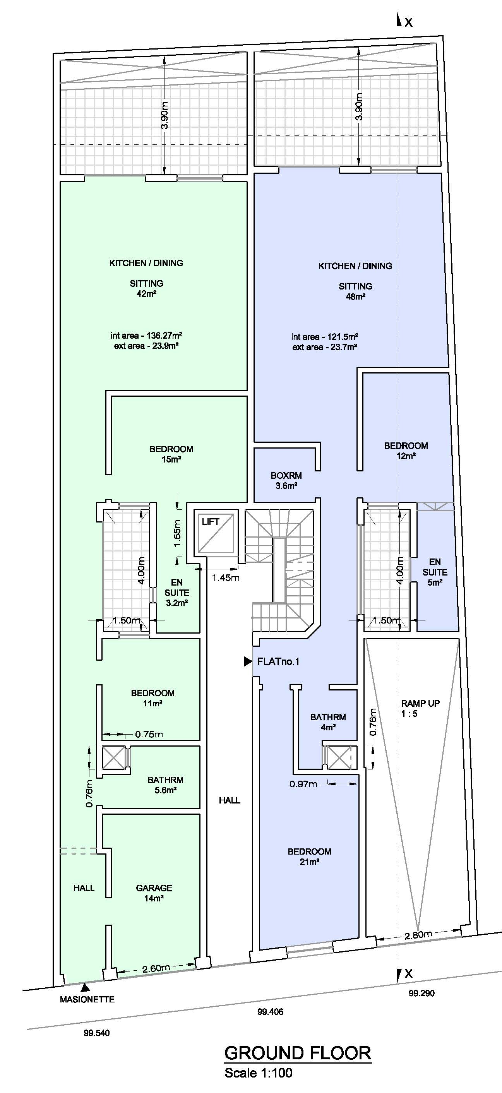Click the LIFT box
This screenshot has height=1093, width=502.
point(216,533)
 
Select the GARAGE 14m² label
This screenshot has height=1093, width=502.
point(154,892)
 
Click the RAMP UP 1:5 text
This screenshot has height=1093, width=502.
point(420,708)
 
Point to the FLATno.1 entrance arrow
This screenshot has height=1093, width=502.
point(248,661)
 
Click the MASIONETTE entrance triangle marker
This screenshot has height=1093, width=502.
point(85,987)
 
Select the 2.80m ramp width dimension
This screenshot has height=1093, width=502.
point(418,934)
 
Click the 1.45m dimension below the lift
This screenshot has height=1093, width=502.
point(225,577)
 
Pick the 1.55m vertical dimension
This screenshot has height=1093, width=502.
point(177,533)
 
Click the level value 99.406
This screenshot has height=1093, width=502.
point(270,1012)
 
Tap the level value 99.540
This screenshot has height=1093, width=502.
point(96,1033)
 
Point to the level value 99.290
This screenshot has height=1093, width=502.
point(421,993)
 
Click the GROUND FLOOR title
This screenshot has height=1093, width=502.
point(298,1053)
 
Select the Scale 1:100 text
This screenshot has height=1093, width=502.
point(258,1072)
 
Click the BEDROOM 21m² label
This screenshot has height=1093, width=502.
point(309,856)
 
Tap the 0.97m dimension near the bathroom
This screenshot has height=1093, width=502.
point(303,784)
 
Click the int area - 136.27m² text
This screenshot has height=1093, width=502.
point(146,335)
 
